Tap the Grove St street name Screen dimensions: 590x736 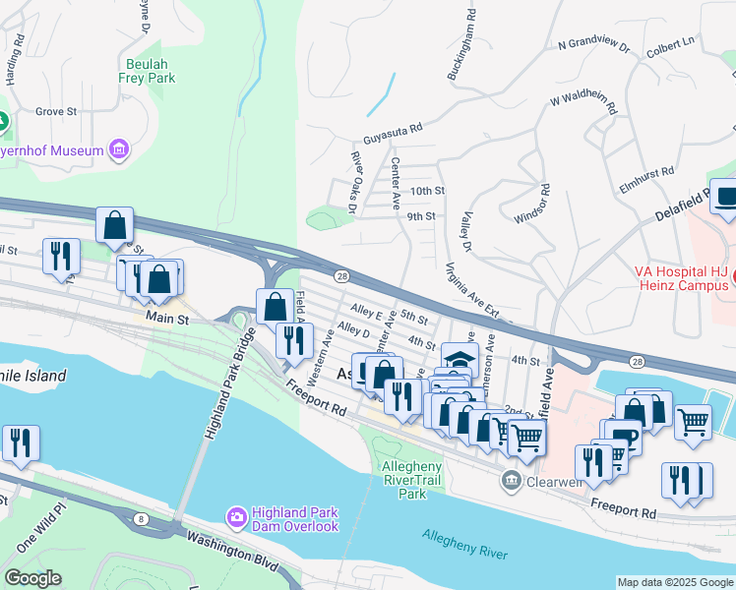click(x=56, y=112)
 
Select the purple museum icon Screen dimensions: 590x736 click(x=119, y=149)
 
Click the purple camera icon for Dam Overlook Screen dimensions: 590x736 click(x=235, y=516)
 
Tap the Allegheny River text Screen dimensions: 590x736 click(x=465, y=544)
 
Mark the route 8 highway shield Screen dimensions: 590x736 click(x=142, y=519)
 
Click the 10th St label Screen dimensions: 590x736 click(x=427, y=190)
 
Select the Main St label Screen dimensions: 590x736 click(x=166, y=319)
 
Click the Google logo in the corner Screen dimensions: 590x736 click(x=32, y=578)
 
